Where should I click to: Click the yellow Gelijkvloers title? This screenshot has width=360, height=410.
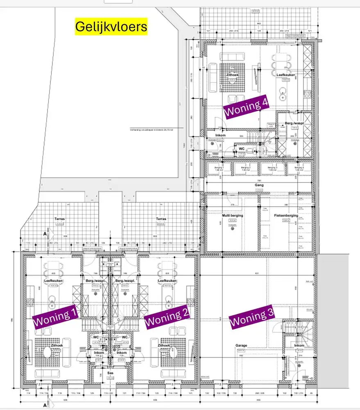tap(111, 27)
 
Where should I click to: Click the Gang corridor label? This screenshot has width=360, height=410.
tap(259, 185)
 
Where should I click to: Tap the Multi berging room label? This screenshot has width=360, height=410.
tap(233, 215)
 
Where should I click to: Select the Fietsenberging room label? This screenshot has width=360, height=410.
tap(285, 215)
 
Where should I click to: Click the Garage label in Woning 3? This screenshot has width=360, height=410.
tap(241, 346)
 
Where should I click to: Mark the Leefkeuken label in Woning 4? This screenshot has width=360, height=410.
tap(286, 75)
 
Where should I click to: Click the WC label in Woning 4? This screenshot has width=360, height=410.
tap(242, 148)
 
